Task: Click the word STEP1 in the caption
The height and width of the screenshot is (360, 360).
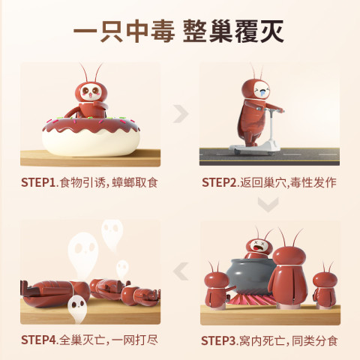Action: (x=38, y=182)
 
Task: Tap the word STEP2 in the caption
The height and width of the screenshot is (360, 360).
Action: (x=219, y=182)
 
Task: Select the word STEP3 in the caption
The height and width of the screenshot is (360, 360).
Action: (x=219, y=340)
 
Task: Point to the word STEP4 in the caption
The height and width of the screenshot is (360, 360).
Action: (x=39, y=340)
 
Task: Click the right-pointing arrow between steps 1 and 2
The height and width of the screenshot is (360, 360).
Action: (x=181, y=114)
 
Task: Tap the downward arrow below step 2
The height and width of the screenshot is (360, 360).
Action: (x=268, y=205)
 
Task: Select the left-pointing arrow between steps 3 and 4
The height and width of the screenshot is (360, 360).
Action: (x=181, y=271)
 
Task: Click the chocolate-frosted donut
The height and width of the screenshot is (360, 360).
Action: (x=91, y=136)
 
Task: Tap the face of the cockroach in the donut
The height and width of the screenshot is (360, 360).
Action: (x=91, y=92)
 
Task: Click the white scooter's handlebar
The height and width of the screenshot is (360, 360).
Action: (x=274, y=110)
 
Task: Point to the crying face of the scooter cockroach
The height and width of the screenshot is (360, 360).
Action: (x=261, y=91)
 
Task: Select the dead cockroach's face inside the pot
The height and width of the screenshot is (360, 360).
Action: (x=259, y=246)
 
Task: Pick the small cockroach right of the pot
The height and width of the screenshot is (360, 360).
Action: (x=325, y=287)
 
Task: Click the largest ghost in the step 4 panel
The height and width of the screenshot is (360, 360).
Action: (x=83, y=253)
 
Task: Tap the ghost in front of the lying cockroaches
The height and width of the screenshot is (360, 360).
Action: (x=77, y=308)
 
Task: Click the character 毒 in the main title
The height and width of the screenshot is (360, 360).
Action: (x=163, y=31)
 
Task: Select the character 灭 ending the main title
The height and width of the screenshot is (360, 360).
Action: (x=272, y=31)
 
